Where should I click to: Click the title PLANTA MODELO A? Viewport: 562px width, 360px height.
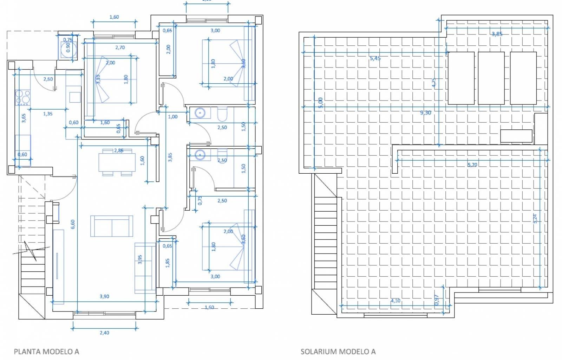point(46,351)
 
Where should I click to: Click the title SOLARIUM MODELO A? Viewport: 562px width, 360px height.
point(338,351)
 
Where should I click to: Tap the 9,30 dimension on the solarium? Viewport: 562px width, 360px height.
point(425,113)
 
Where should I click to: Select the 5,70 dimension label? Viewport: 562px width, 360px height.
point(472,165)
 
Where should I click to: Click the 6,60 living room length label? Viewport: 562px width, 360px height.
point(73,224)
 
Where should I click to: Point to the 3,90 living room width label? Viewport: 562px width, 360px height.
point(104,296)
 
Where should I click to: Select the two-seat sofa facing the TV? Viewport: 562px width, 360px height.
point(112,226)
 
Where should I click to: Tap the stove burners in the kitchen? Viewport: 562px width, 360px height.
point(22,98)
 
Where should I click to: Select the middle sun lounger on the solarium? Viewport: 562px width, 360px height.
point(491,78)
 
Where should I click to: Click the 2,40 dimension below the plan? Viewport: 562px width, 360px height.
point(104,333)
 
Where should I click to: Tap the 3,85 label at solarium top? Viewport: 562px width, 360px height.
point(497,34)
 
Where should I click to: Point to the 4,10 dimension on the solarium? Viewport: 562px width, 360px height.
point(395,301)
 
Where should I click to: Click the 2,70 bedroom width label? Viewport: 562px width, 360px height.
point(120,47)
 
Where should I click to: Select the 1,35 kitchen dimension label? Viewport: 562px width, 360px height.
point(48,114)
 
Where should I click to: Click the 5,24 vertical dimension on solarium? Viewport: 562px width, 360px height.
point(535,219)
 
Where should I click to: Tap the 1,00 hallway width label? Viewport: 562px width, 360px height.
point(172,117)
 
